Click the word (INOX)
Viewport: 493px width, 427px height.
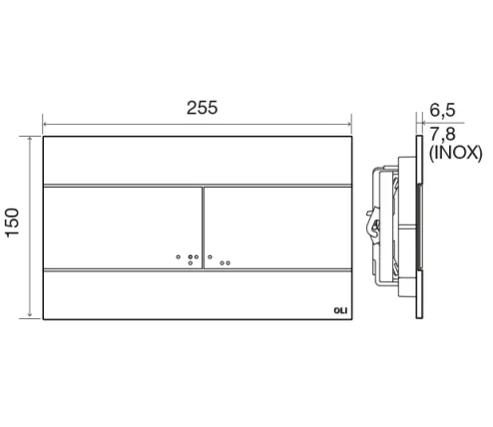pos(455,154)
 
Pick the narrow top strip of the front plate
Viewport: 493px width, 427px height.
pos(198,160)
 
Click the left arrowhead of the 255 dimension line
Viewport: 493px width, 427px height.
pos(45,127)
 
